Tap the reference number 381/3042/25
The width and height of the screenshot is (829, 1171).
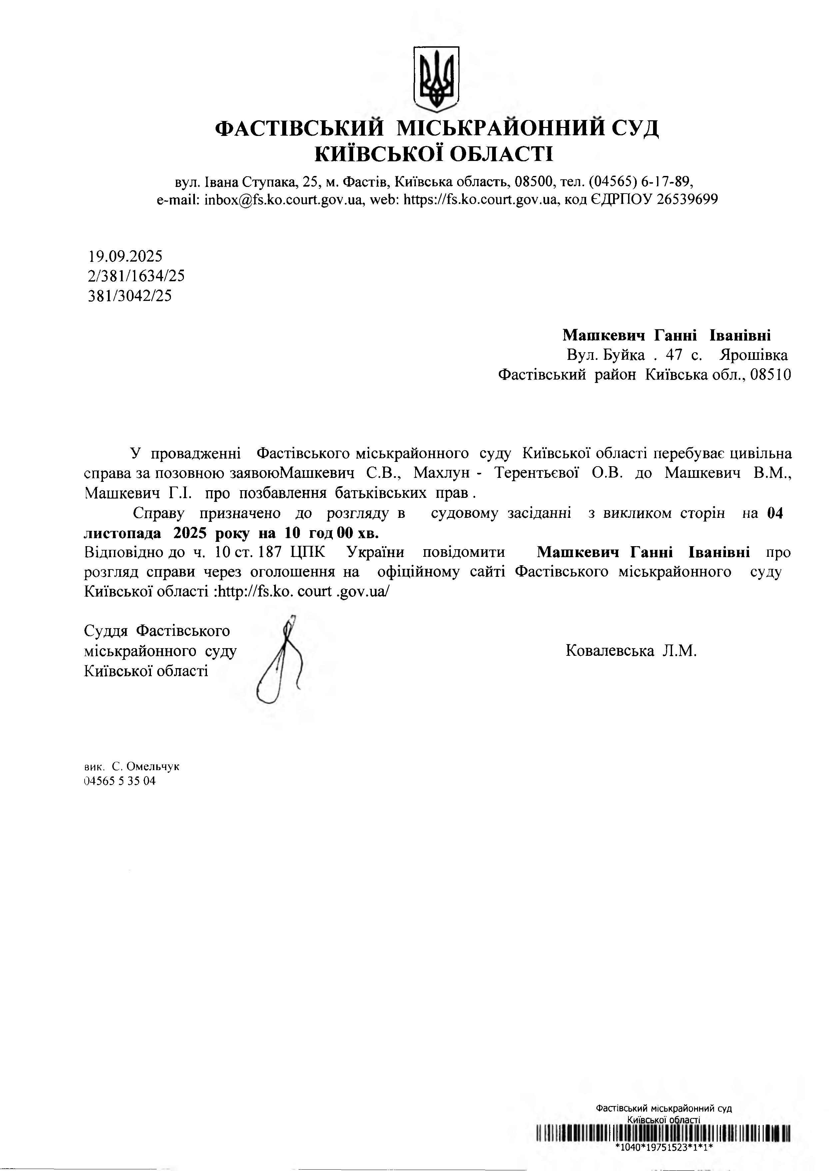[130, 296]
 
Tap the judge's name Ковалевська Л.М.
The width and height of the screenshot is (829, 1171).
[631, 651]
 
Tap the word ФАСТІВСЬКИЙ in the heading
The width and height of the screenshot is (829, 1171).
[299, 128]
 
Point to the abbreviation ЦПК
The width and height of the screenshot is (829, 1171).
[307, 552]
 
